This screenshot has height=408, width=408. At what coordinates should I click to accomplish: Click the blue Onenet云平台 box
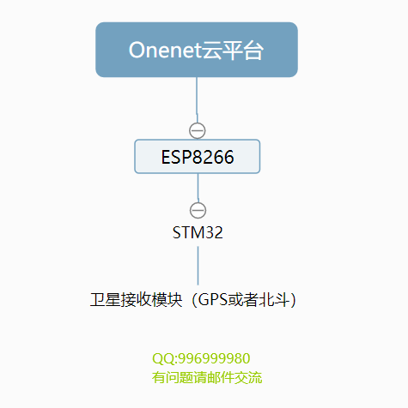[x=197, y=50]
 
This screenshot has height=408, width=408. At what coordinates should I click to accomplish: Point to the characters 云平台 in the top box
[x=232, y=51]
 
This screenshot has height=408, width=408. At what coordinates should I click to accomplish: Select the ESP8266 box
[x=198, y=156]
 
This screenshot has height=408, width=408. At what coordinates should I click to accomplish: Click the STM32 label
[x=198, y=232]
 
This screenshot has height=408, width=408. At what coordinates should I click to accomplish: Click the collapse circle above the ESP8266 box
[x=198, y=130]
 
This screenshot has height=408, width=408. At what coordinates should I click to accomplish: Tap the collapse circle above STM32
[x=198, y=210]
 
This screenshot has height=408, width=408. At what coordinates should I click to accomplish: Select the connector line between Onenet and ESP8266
[x=197, y=100]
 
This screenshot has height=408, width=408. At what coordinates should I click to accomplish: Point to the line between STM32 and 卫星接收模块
[x=198, y=266]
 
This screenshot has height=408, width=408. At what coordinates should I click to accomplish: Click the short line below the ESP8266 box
[x=198, y=188]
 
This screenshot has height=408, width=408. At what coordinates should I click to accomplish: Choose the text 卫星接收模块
[x=136, y=300]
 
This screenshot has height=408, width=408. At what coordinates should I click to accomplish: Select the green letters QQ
[x=163, y=358]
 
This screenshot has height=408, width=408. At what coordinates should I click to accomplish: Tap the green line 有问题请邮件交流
[x=207, y=377]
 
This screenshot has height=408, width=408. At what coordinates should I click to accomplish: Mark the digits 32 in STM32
[x=214, y=232]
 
